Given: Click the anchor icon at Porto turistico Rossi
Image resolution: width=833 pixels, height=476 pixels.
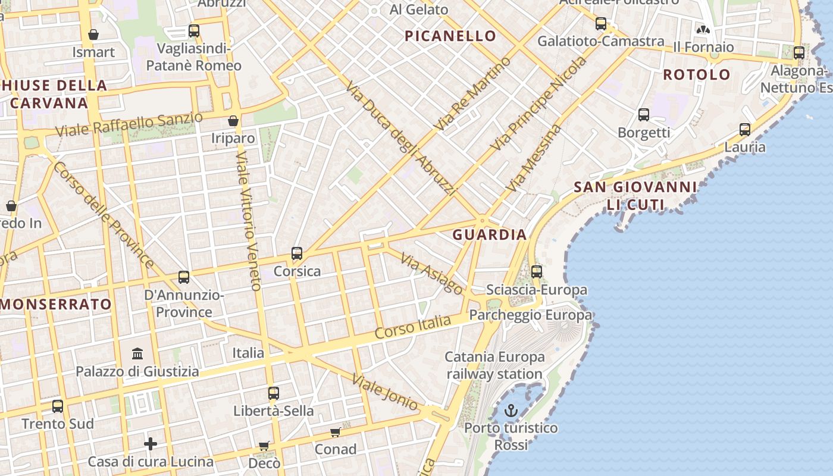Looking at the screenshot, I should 511,411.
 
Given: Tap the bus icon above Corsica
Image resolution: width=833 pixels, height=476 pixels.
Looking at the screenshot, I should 297,253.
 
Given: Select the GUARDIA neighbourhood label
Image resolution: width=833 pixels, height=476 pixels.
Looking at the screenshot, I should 490,234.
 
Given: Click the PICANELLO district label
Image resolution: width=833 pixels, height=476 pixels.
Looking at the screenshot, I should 450,36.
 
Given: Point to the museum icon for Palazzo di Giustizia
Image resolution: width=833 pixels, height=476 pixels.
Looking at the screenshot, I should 137,354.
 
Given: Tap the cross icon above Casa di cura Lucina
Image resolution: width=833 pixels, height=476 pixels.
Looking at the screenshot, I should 151,444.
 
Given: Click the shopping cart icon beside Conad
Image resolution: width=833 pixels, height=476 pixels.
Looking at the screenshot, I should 336,432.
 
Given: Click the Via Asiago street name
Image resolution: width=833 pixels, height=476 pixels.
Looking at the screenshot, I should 431,273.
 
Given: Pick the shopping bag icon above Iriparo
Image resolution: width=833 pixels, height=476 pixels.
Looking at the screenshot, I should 233,121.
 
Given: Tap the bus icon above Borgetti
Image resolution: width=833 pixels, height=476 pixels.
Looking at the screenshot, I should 643,115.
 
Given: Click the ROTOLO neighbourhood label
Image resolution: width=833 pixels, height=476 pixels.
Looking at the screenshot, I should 697,75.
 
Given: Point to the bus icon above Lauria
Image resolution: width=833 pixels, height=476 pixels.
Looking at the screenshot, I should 744,129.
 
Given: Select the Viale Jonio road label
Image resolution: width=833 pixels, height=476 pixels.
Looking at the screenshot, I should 384,392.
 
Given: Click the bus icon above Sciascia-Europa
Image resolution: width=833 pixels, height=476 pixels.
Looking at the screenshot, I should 537,272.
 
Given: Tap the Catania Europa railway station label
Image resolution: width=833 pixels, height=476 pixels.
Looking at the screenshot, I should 494,365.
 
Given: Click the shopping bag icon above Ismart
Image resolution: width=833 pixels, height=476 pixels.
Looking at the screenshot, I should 93,35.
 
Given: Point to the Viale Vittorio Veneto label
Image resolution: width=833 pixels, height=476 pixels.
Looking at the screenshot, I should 249,220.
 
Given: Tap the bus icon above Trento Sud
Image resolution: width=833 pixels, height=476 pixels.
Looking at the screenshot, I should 58,406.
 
